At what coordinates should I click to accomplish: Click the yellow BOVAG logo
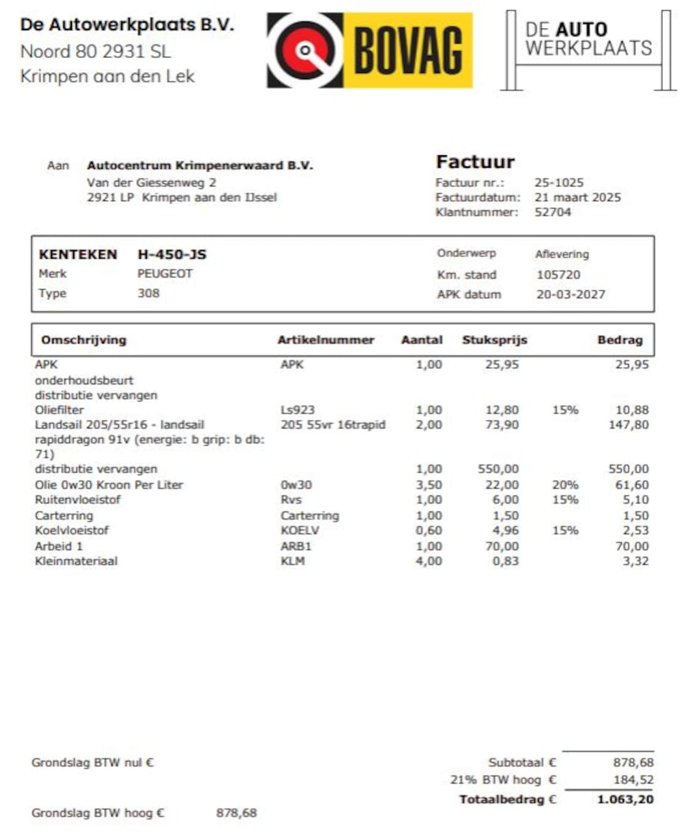point(370,50)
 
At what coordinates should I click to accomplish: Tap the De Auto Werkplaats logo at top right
point(588,50)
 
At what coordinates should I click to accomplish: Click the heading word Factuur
point(475,162)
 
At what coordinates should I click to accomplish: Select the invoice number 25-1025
point(558,183)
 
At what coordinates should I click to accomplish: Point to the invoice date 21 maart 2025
point(577,197)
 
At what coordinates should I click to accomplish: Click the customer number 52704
point(552,212)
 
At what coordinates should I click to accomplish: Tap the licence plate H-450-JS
point(171,254)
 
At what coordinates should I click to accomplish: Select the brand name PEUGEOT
point(165,274)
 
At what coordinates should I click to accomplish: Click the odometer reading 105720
point(558,275)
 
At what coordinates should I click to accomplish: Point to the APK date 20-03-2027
point(570,295)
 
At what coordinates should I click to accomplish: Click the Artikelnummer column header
point(325,340)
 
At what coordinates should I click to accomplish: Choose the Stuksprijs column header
point(494,340)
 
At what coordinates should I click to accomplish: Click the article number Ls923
point(297,410)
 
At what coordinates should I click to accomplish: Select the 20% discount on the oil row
point(565,485)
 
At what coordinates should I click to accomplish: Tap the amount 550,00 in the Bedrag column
point(628,469)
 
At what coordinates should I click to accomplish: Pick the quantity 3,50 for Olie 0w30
point(429,485)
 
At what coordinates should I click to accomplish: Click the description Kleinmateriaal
point(76,561)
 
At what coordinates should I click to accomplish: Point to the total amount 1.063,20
point(625,800)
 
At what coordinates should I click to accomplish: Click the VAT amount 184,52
point(633,780)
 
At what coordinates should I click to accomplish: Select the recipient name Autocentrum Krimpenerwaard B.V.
point(199,166)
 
